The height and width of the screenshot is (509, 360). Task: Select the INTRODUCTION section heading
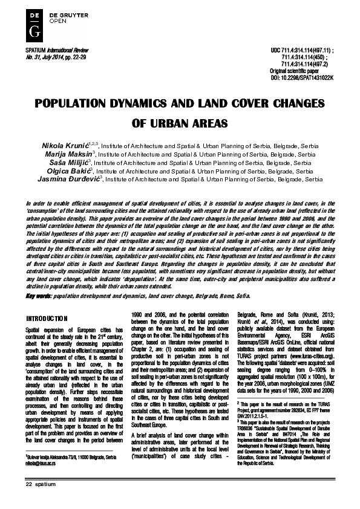[47, 318]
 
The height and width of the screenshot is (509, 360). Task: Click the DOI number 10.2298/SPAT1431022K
[310, 77]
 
